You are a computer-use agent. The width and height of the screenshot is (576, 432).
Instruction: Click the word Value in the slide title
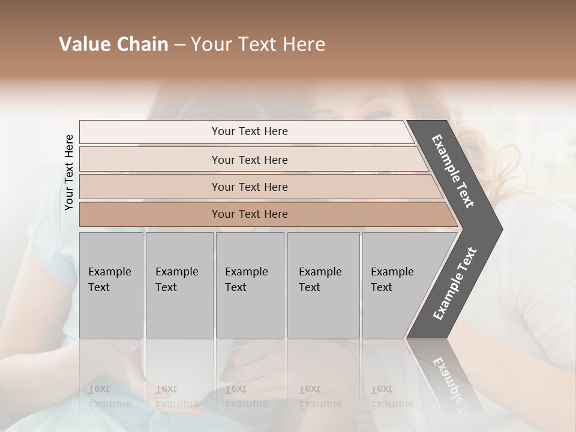click(x=84, y=44)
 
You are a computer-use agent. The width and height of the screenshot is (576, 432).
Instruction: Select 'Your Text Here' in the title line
click(x=258, y=44)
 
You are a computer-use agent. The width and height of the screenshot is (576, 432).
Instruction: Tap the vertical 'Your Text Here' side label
click(x=69, y=173)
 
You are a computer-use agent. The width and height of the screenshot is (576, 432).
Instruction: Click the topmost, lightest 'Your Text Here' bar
click(x=249, y=131)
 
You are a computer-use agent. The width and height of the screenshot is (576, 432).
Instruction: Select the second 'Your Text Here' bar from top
click(x=249, y=160)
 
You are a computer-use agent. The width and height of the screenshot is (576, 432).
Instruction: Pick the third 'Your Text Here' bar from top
click(x=249, y=187)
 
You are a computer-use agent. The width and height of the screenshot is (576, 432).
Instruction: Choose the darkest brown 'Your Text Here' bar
click(x=249, y=214)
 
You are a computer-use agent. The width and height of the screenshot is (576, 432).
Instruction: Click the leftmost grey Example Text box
click(x=111, y=285)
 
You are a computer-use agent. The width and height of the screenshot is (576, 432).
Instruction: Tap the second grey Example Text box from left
click(x=179, y=285)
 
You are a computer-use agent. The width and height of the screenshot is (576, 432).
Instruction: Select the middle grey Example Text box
click(x=250, y=285)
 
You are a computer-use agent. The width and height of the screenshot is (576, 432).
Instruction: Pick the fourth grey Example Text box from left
click(x=323, y=285)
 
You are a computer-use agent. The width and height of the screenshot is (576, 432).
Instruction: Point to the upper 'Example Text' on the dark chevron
click(x=453, y=171)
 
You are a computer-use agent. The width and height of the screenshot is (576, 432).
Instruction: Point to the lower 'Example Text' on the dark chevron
click(x=455, y=284)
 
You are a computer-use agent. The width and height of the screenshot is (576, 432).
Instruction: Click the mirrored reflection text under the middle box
click(x=246, y=397)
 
